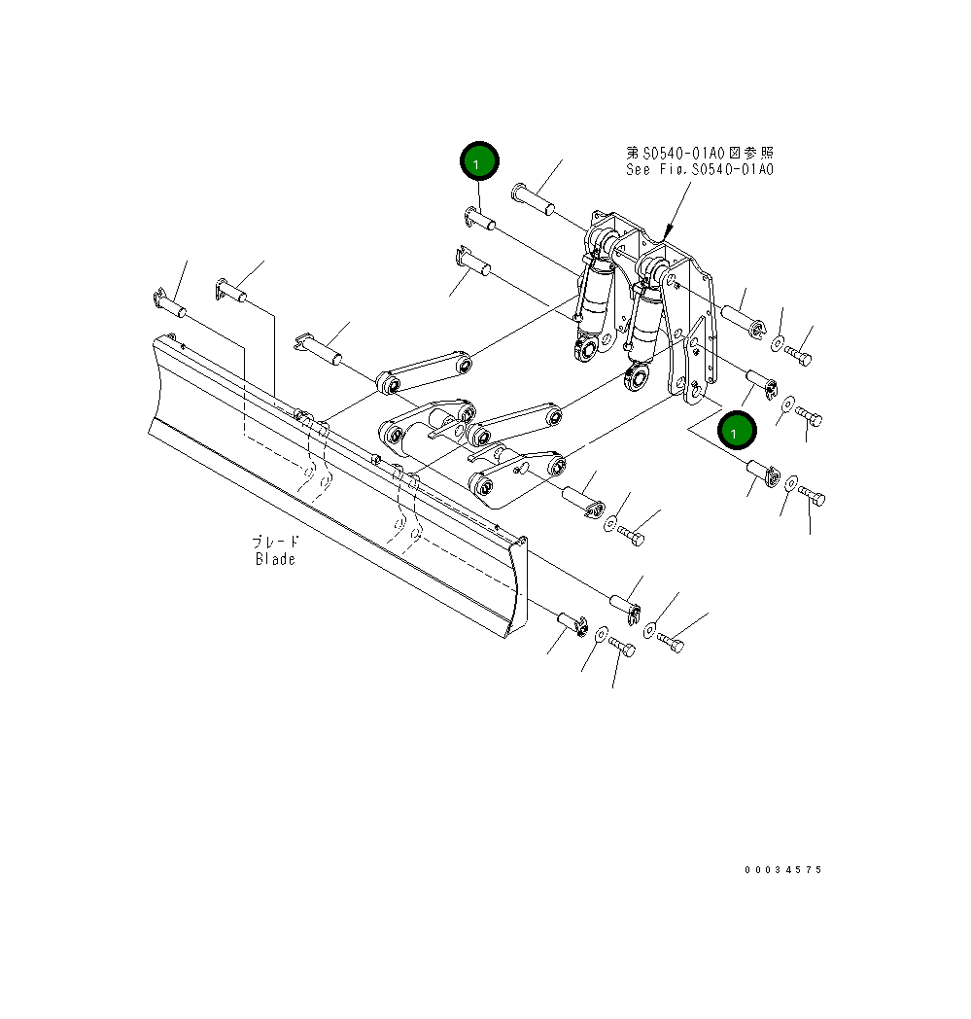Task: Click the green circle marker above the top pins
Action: click(x=479, y=162)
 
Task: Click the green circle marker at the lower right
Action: click(x=738, y=429)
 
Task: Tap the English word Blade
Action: click(x=275, y=559)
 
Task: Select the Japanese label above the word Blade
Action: click(x=275, y=543)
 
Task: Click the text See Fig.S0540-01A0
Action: click(x=699, y=169)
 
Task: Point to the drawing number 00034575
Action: click(x=782, y=869)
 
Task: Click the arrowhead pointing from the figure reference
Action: click(x=666, y=234)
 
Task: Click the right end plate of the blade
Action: click(x=517, y=589)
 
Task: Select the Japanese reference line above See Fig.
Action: click(x=699, y=153)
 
